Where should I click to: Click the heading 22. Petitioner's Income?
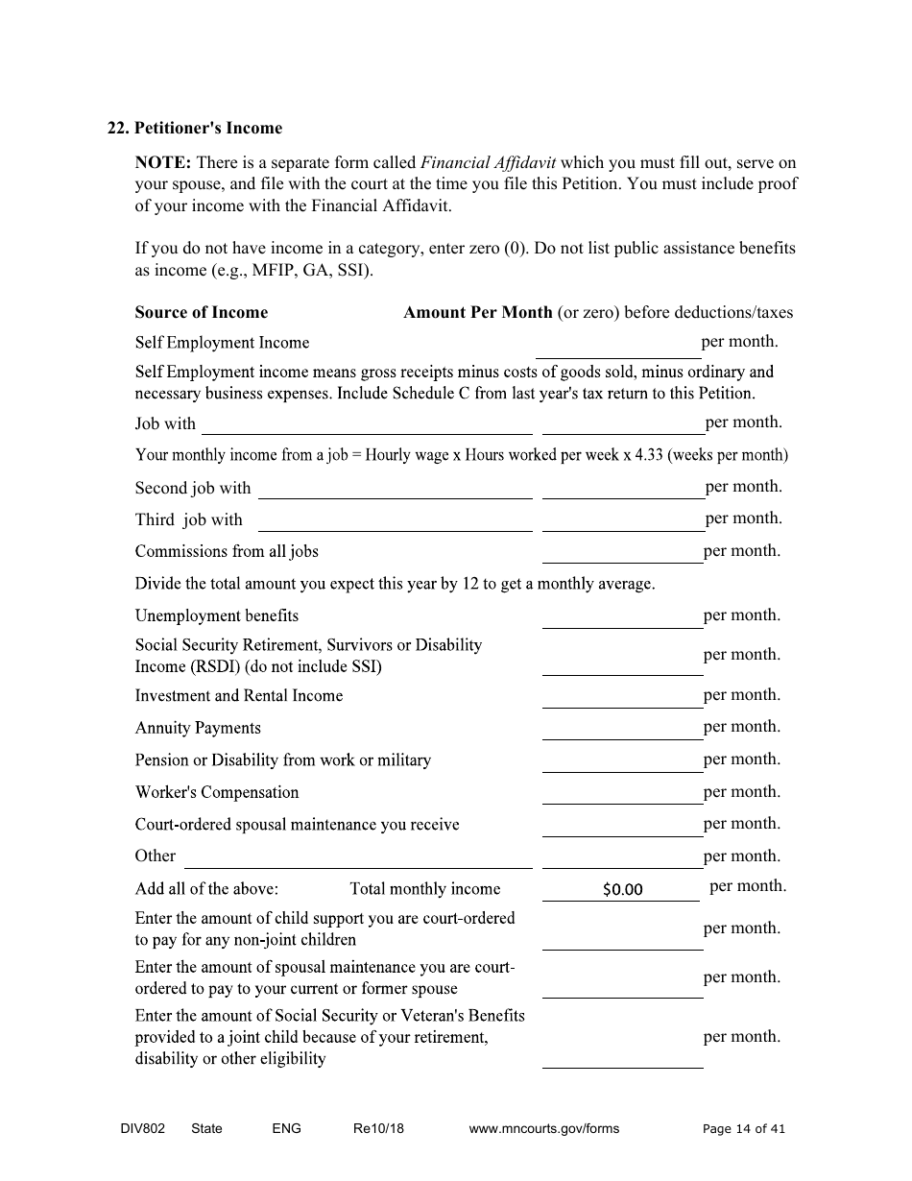click(x=195, y=129)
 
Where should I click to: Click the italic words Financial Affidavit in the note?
click(x=489, y=162)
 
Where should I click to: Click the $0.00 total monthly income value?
click(x=622, y=889)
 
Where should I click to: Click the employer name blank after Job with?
click(x=366, y=423)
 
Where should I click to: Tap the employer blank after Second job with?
click(x=395, y=488)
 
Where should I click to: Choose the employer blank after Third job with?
click(x=395, y=520)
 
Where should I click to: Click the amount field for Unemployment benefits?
click(x=622, y=616)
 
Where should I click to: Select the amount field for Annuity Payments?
click(x=622, y=729)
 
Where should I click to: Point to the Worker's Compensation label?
click(x=217, y=792)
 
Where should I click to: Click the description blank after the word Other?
click(x=357, y=856)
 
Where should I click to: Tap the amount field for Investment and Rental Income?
click(x=622, y=696)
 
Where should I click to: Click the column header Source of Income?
click(x=202, y=312)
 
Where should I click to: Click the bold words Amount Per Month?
click(x=478, y=312)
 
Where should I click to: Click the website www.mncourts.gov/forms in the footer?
click(x=544, y=1128)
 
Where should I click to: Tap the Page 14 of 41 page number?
click(x=744, y=1128)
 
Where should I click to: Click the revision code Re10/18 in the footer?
click(x=378, y=1128)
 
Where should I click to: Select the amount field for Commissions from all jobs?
click(x=622, y=552)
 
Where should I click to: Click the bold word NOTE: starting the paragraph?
click(x=162, y=162)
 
